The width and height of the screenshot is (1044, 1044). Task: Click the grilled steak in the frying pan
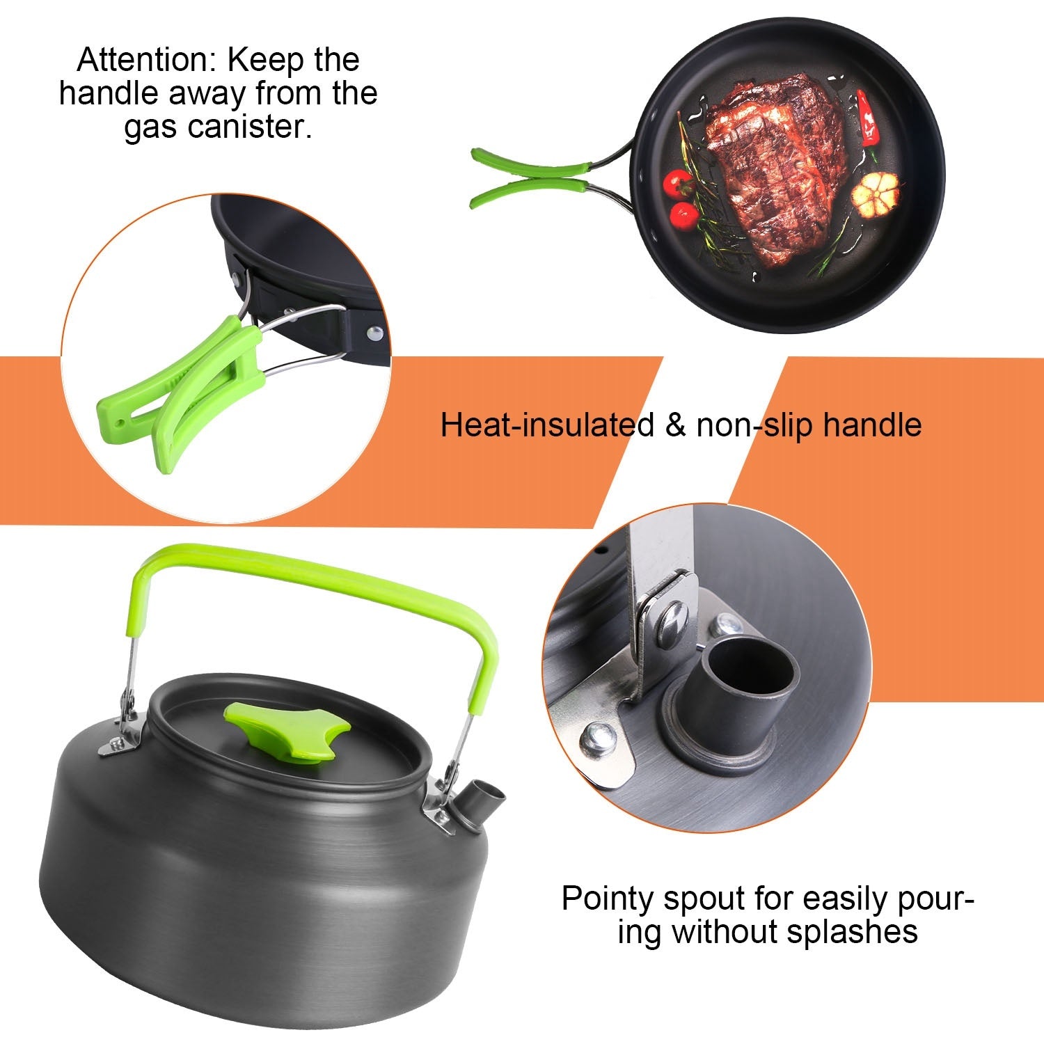tap(773, 167)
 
